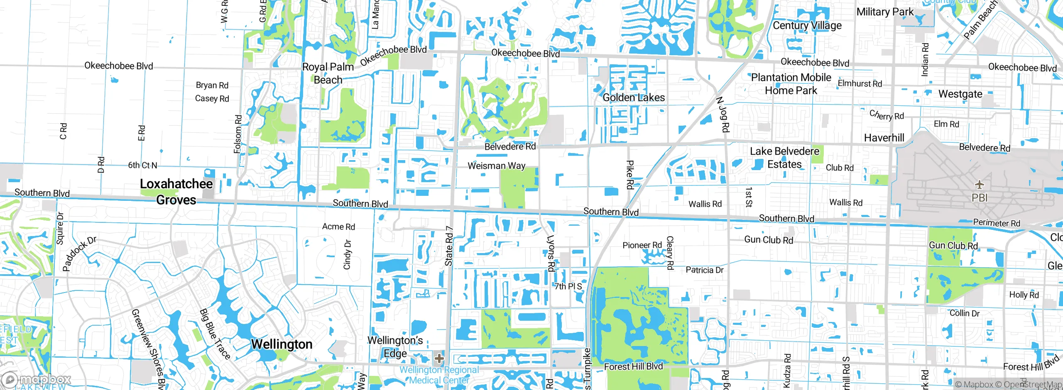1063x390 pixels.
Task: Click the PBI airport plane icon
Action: [x=979, y=185]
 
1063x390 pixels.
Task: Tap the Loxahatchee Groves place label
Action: [x=176, y=192]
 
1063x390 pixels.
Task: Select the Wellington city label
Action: [x=282, y=344]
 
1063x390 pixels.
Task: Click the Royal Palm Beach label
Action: [x=328, y=73]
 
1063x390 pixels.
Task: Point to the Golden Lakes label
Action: [x=634, y=97]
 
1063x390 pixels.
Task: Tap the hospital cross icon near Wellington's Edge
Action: [x=439, y=358]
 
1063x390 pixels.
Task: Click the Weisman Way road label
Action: [x=496, y=166]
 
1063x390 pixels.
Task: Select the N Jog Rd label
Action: [x=723, y=115]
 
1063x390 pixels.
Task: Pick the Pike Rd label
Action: [x=629, y=175]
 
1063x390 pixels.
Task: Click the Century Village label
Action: [x=807, y=25]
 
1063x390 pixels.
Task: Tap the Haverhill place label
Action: [x=884, y=138]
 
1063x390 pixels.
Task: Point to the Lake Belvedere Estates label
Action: [x=784, y=158]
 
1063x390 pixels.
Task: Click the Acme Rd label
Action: [x=338, y=227]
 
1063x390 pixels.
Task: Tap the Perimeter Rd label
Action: [x=997, y=223]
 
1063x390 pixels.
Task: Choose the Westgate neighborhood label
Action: [x=960, y=94]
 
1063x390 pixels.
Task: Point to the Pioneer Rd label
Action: [x=642, y=245]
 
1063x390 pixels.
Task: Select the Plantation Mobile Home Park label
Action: [x=791, y=84]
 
